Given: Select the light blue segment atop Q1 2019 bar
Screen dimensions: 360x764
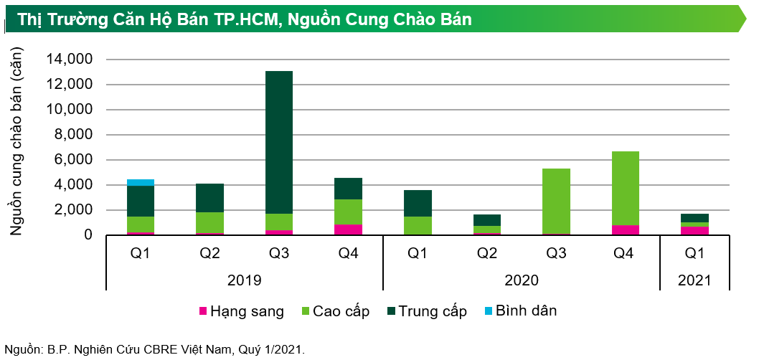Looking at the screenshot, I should [x=141, y=182].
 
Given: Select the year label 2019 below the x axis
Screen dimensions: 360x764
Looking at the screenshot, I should [x=244, y=280].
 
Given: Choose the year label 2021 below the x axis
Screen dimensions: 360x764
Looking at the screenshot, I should [x=694, y=280].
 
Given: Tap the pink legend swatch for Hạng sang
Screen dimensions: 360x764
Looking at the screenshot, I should [x=203, y=312].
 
